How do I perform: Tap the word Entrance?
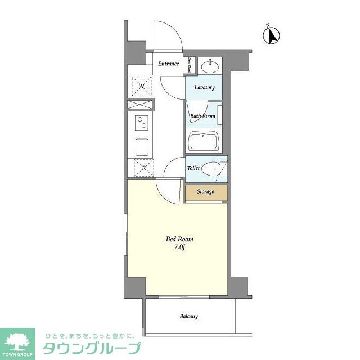point(168,64)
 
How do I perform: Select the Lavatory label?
point(204,88)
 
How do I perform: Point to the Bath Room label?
point(202,116)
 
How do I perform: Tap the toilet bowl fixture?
point(213,168)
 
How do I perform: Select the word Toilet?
point(193,168)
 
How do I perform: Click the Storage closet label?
point(205,192)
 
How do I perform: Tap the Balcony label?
point(188,317)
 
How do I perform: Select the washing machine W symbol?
point(141,85)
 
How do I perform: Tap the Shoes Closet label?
point(190,66)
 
